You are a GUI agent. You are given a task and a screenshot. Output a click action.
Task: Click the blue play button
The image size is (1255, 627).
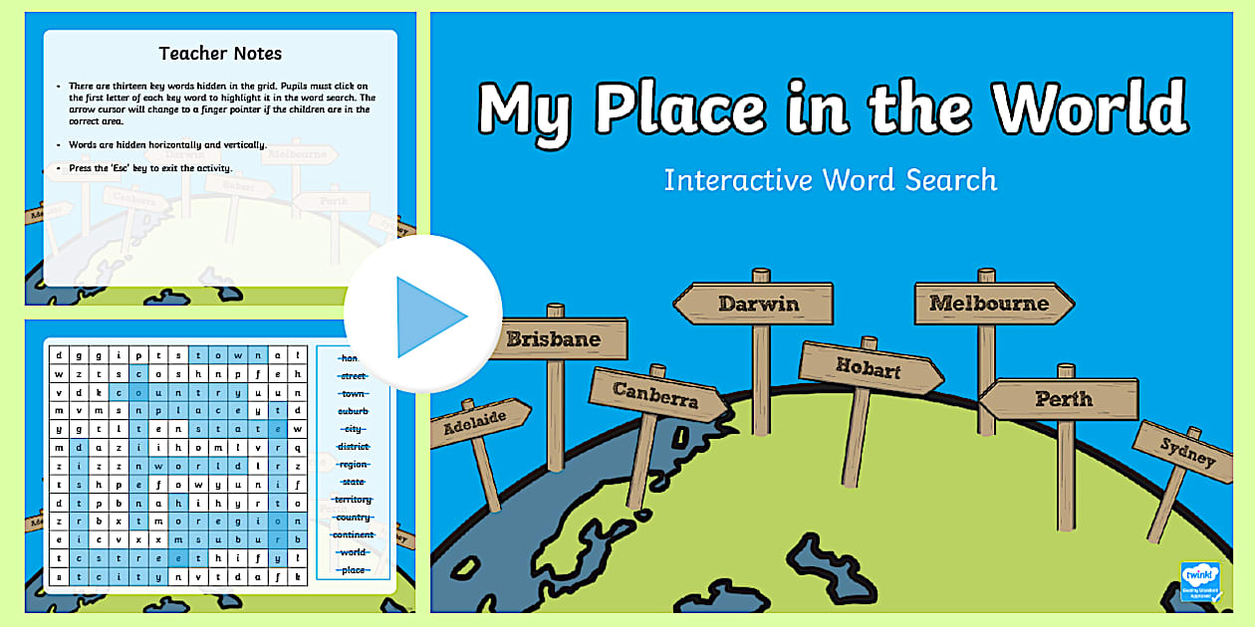pos(423,315)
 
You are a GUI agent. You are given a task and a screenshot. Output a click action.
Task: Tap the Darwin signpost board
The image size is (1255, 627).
pos(757,303)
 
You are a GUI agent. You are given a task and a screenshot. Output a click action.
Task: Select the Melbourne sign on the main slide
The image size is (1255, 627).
pos(991,303)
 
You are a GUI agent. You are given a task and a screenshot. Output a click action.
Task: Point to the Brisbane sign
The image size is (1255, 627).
pos(554,339)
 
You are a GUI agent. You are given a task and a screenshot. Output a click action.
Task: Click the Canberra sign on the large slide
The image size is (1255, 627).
pos(654,395)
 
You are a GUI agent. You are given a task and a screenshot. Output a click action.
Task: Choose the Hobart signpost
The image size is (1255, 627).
pos(870,367)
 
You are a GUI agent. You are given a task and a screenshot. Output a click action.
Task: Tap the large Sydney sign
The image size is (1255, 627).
pos(1187,452)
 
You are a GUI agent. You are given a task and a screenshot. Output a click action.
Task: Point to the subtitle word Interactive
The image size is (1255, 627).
pos(737,180)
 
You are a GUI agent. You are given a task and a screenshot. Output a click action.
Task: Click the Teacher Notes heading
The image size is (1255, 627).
pos(220,54)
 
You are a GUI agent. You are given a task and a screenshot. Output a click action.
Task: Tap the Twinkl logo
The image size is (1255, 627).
pos(1199,581)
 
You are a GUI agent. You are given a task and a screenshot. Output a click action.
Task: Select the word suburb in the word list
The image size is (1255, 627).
pos(353,411)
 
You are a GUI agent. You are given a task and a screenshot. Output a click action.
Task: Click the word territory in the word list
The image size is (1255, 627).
pos(353,500)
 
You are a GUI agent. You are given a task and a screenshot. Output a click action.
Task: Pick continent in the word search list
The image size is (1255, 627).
pos(353,534)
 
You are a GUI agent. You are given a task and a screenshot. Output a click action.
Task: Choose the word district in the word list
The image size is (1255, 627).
pos(353,447)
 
